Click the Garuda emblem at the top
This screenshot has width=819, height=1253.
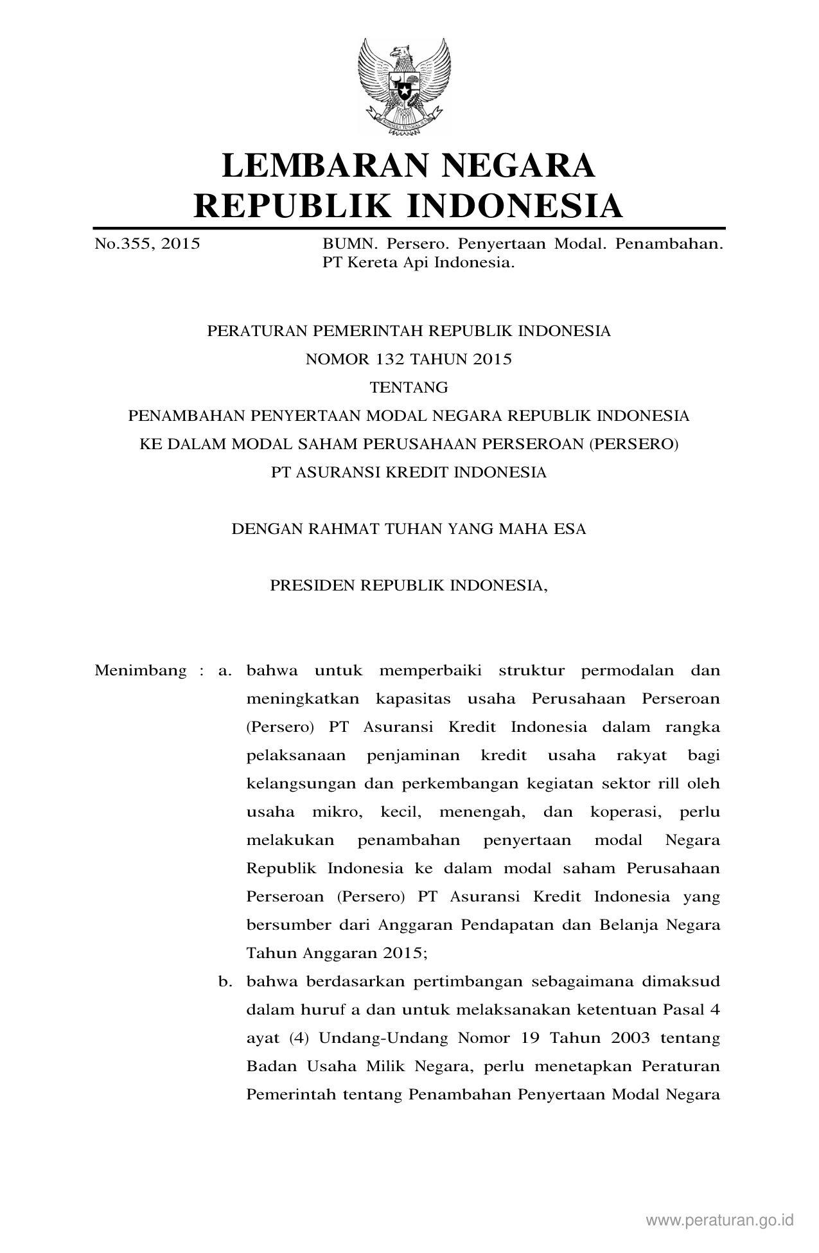[x=409, y=86]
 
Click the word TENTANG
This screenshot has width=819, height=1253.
[x=409, y=388]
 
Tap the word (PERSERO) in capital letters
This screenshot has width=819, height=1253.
[x=633, y=445]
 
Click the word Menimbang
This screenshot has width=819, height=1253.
[x=141, y=671]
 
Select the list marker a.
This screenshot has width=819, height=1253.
[x=224, y=671]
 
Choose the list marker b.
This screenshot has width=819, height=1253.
[x=224, y=982]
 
